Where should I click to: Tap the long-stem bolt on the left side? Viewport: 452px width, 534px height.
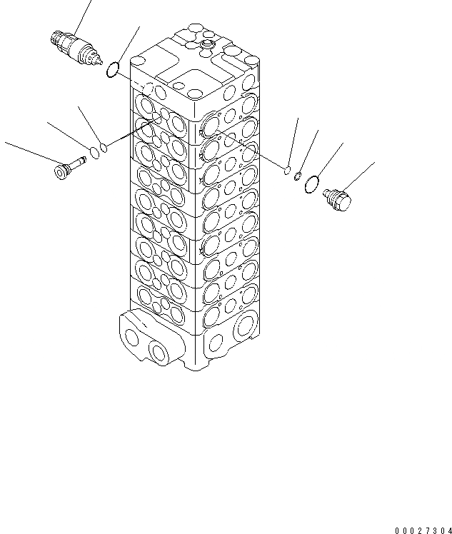pyautogui.click(x=70, y=169)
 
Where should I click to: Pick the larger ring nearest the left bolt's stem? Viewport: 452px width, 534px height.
pyautogui.click(x=93, y=152)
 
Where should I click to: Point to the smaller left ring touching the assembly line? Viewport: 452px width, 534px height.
pyautogui.click(x=104, y=148)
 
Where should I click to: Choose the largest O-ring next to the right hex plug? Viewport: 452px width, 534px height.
pyautogui.click(x=311, y=186)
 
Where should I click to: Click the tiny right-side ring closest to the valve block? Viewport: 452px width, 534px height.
pyautogui.click(x=286, y=170)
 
